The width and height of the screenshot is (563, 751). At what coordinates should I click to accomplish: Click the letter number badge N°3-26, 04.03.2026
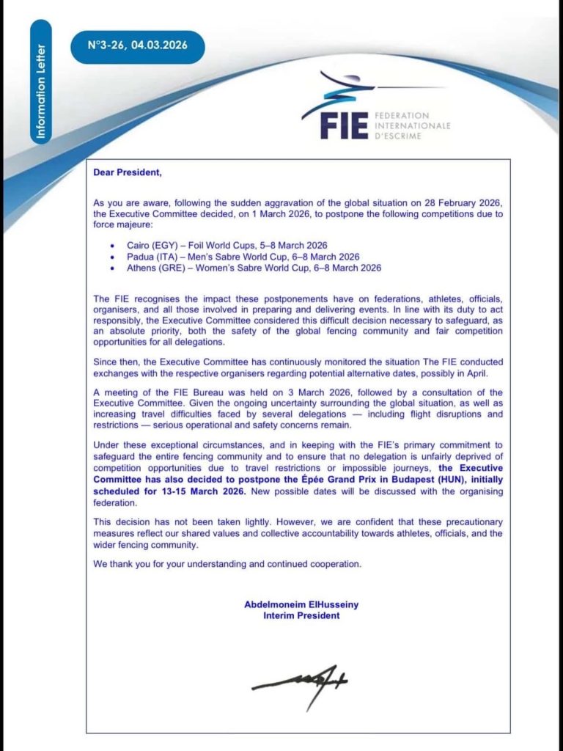(138, 45)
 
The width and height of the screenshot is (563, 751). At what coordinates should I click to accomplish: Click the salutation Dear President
(127, 173)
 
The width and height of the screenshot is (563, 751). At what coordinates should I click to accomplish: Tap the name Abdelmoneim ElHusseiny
(301, 604)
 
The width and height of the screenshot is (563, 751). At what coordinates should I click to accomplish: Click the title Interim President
(301, 616)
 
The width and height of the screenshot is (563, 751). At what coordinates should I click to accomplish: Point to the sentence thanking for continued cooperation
(228, 564)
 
